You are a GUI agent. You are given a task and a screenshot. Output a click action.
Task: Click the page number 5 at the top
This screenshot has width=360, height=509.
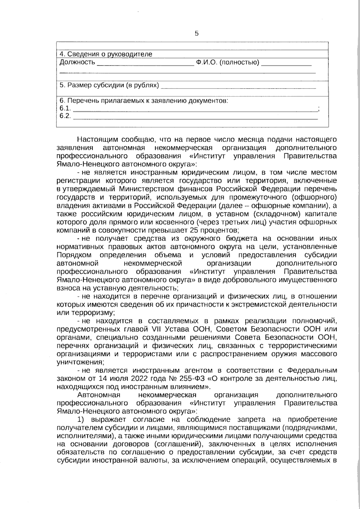click(197, 33)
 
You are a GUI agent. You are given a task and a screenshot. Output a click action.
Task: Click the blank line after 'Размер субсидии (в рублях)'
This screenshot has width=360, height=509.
click(238, 87)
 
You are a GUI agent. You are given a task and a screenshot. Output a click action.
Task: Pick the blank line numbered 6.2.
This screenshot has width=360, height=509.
click(195, 118)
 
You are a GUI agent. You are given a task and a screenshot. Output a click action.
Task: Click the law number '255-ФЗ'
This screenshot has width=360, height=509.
click(190, 378)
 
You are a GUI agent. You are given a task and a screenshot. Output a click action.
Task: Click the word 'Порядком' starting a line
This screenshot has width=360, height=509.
click(73, 255)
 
